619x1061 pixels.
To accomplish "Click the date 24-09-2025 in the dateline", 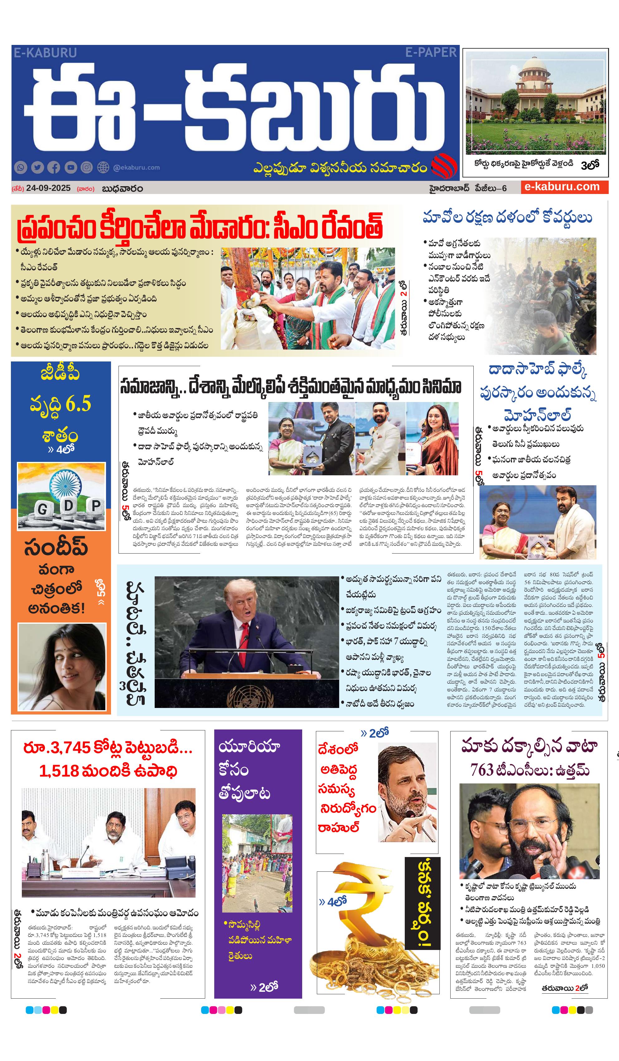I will (x=48, y=188).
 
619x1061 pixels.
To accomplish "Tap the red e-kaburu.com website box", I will (x=563, y=187).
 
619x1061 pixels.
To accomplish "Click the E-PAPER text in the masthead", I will (x=430, y=52).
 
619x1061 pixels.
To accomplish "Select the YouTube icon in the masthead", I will (x=70, y=167).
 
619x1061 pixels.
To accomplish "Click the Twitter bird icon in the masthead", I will (x=37, y=167).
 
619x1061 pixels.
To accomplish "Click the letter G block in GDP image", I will (x=42, y=510).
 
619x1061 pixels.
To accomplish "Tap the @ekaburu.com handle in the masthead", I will (x=137, y=167).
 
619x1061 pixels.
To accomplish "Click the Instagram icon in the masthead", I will (x=86, y=167).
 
